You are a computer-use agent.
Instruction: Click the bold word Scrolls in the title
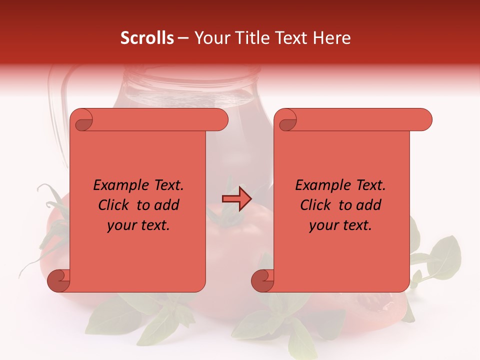click(147, 38)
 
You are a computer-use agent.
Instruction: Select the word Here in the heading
click(331, 38)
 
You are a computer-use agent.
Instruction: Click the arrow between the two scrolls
click(237, 199)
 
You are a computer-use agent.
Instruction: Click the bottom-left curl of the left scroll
click(58, 281)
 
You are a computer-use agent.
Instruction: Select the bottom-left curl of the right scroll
click(262, 281)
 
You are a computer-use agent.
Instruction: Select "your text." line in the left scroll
click(138, 225)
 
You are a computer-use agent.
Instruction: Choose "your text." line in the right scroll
click(340, 225)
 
